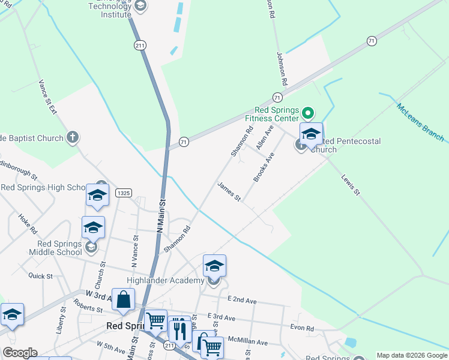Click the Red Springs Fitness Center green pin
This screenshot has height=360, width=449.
coord(308,113)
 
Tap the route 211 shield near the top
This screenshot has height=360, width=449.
coord(140,45)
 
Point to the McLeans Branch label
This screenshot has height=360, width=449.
coord(420,122)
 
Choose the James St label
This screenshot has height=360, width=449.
coord(229,192)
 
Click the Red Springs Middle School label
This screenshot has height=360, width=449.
coord(58,248)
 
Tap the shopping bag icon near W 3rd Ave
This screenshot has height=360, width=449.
coord(123,300)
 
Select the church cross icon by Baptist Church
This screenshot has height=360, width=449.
coord(72,137)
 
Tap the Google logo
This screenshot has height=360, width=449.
coord(19,353)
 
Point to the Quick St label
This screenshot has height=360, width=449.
coord(40,275)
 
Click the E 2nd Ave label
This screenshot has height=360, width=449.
coord(242,301)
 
